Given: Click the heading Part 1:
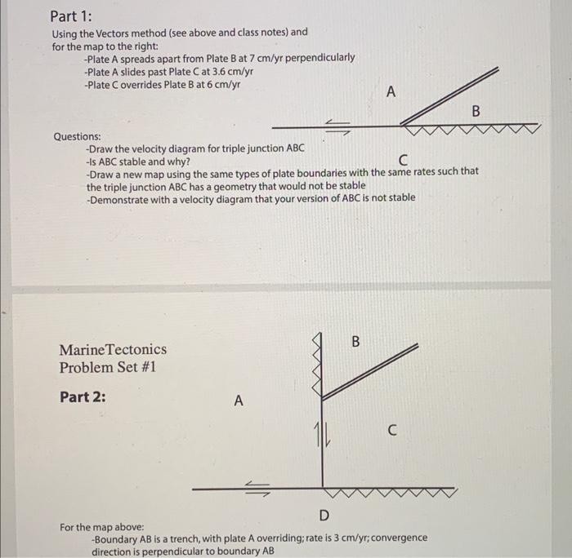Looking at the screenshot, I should point(71,15).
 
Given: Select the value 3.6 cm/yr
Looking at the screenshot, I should point(231,71).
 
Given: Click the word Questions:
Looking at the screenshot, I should point(78,136).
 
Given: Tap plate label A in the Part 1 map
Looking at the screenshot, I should point(390,92).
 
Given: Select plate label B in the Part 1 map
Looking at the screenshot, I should point(476,110).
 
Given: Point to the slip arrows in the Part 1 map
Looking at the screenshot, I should point(337,124).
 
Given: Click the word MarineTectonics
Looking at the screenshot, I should point(112,349).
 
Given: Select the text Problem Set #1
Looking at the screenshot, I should point(107,367).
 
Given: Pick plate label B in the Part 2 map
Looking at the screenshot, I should point(355,342).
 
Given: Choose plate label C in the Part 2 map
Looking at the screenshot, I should point(393,432).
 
